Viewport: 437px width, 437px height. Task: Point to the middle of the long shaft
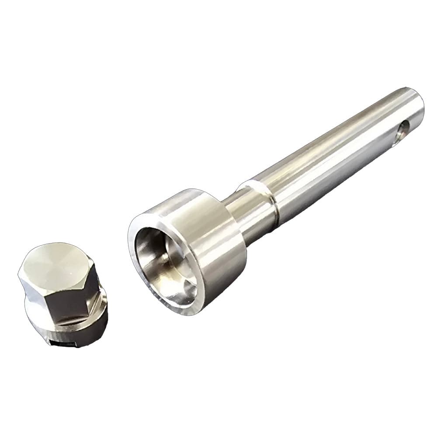pos(332,149)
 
